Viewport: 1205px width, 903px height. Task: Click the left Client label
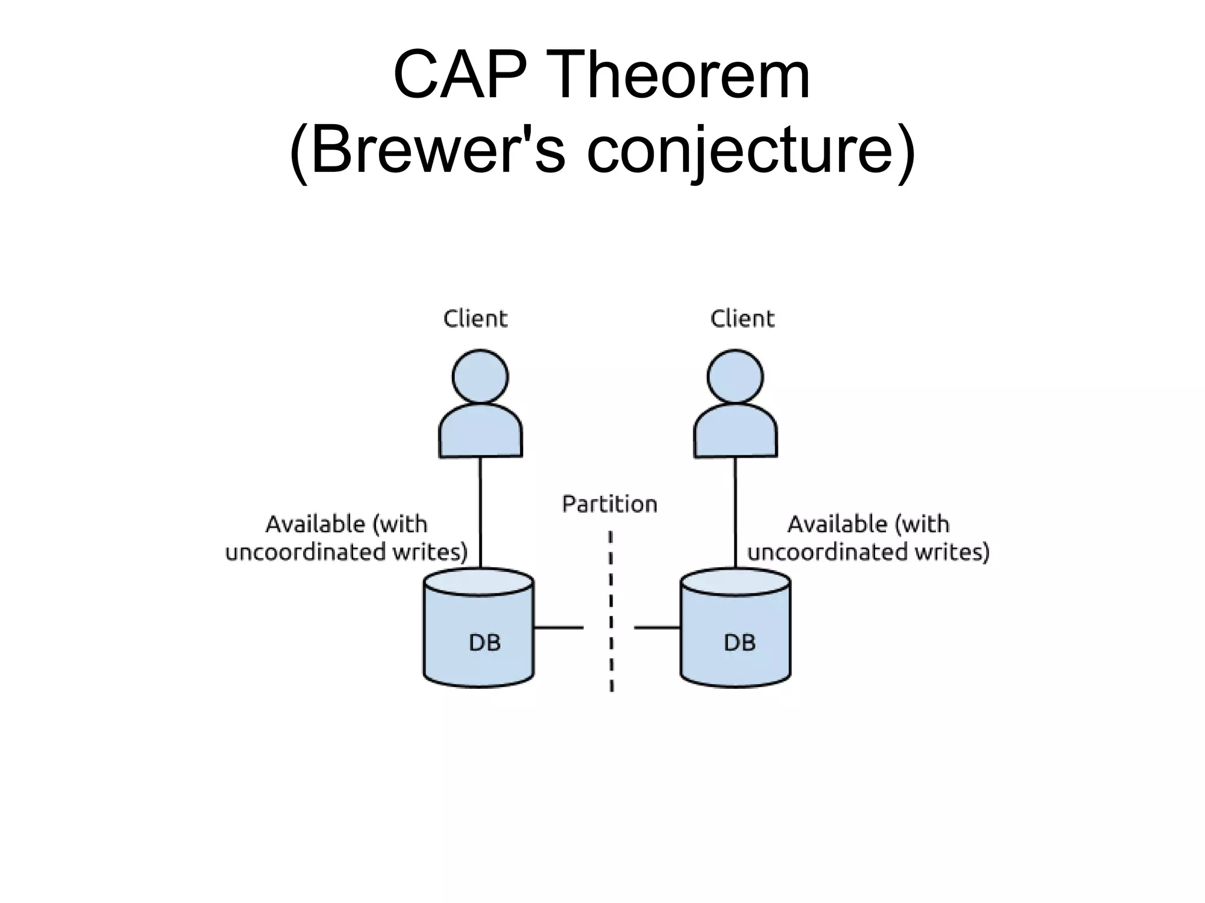click(475, 319)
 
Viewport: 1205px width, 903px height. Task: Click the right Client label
click(742, 319)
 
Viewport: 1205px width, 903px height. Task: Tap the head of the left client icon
click(480, 376)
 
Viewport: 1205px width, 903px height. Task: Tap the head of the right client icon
click(735, 376)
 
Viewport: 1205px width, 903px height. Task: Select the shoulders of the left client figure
click(480, 432)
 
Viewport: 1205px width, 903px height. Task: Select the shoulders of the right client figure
click(735, 432)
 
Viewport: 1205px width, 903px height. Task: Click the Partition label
click(610, 504)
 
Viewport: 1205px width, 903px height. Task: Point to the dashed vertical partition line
click(611, 612)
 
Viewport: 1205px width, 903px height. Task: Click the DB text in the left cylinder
click(484, 642)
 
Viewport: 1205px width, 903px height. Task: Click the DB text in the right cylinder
click(740, 642)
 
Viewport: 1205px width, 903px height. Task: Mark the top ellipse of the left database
click(478, 582)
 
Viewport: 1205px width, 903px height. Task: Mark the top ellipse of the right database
click(735, 582)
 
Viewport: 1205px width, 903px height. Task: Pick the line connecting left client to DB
click(480, 512)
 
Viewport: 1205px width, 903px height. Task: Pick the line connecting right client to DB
click(735, 512)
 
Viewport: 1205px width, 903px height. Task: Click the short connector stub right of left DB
click(558, 628)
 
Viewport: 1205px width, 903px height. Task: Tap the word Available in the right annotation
click(836, 524)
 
